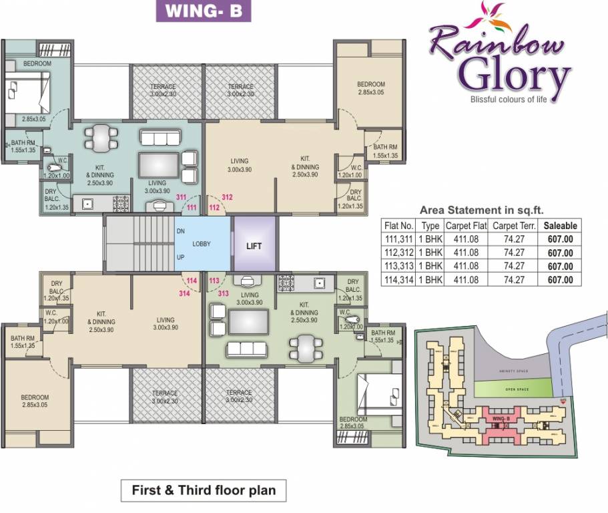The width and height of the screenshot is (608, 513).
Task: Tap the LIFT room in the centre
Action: tap(254, 245)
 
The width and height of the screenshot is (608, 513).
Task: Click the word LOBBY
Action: tap(202, 244)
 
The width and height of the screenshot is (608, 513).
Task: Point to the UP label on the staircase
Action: tap(180, 256)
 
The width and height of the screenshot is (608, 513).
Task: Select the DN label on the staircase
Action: tap(180, 231)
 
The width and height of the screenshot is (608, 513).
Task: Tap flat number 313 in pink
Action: tap(224, 293)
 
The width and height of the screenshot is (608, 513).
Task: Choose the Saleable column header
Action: tap(560, 226)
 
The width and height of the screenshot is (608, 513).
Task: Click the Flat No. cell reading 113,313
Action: tap(399, 267)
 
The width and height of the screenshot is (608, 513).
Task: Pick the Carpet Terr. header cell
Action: tap(515, 226)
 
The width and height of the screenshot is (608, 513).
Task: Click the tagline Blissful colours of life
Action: tap(509, 100)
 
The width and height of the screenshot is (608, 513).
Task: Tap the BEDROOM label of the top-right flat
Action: tap(370, 85)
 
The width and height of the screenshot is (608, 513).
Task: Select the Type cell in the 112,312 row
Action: tap(430, 253)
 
